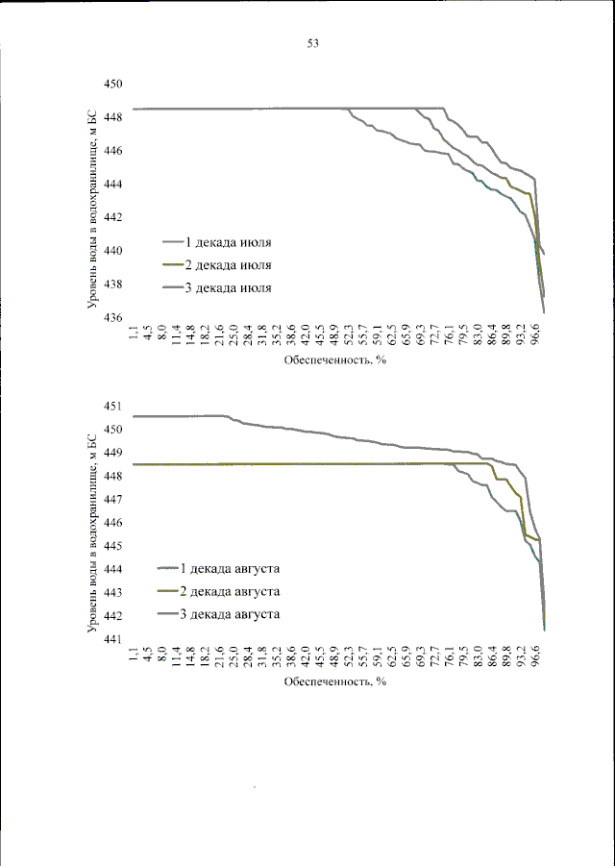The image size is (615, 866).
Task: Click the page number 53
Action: click(312, 43)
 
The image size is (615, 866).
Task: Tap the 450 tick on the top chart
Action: click(114, 85)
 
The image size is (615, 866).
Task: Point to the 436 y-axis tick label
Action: click(114, 318)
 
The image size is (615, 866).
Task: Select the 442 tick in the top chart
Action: click(114, 218)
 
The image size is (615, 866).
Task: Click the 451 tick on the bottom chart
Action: click(114, 407)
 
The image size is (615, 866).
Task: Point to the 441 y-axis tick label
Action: click(114, 639)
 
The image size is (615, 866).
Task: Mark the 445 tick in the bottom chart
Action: click(114, 546)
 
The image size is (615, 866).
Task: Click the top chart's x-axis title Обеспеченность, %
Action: click(333, 361)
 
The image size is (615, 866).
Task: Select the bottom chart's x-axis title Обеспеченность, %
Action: click(333, 681)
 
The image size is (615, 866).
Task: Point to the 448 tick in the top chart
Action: click(114, 118)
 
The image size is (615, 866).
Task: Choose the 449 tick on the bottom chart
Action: click(114, 453)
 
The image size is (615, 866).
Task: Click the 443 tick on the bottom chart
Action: click(114, 593)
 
